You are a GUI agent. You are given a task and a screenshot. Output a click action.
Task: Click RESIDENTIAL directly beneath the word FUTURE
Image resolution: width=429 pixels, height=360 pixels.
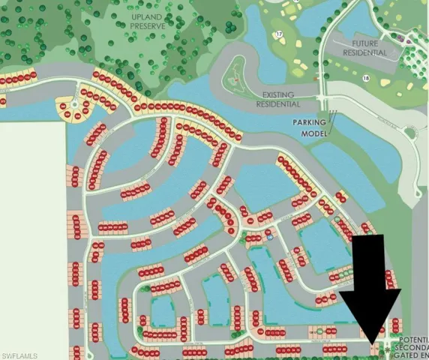365,53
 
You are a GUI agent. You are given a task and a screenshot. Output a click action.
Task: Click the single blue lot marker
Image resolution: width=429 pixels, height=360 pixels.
268,232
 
